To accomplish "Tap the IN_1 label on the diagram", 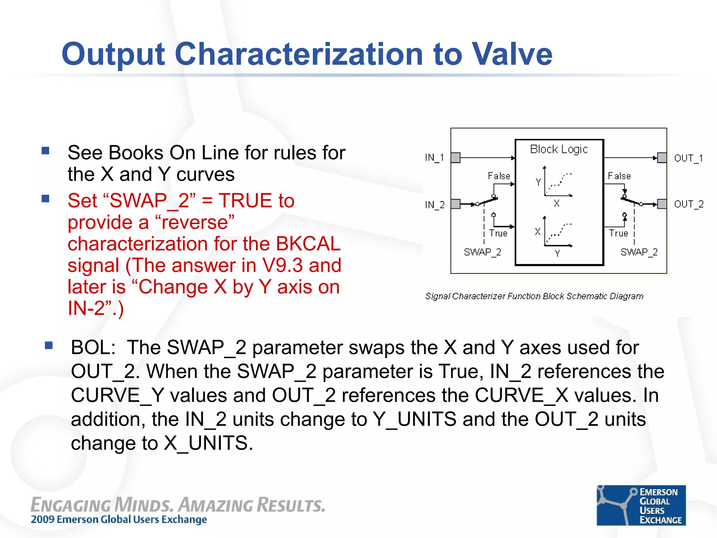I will (434, 158).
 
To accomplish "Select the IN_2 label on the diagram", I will (434, 205).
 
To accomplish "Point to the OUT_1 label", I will (688, 158).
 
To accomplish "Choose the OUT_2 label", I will (689, 204).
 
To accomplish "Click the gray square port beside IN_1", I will (455, 158).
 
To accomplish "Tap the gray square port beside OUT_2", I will (662, 204).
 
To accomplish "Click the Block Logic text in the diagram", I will (559, 149).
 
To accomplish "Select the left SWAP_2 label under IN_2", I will (482, 252).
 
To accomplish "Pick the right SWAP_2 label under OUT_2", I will (639, 252).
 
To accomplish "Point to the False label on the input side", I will (499, 176).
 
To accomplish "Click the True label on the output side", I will (618, 233).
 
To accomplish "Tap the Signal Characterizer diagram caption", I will (534, 296).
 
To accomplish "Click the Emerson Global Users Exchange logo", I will (641, 505).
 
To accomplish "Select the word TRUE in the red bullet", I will (245, 201).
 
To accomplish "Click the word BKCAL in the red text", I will (308, 244).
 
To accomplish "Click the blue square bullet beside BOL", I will (49, 346).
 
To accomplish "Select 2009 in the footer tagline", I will (42, 519).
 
